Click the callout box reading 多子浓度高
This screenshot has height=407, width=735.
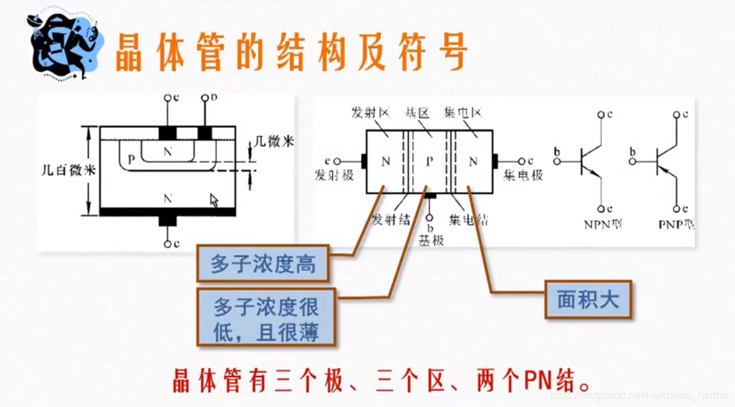[x=263, y=264]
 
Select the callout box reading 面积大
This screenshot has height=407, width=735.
[x=588, y=301]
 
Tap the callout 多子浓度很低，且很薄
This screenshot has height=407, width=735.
[x=266, y=319]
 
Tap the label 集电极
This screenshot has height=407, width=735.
[x=523, y=176]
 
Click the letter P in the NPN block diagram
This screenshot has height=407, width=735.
[x=430, y=161]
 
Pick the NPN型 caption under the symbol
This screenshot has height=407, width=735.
[x=602, y=224]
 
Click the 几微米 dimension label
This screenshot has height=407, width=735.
[x=273, y=142]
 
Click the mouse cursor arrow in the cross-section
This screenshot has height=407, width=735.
[x=213, y=200]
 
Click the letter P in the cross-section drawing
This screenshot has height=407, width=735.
[x=131, y=159]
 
